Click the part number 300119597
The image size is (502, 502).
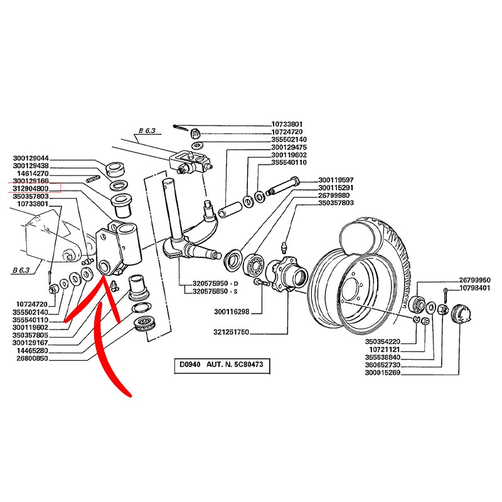[x=336, y=179]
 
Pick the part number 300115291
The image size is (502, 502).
[x=336, y=188]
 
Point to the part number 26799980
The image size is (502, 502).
[x=336, y=195]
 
